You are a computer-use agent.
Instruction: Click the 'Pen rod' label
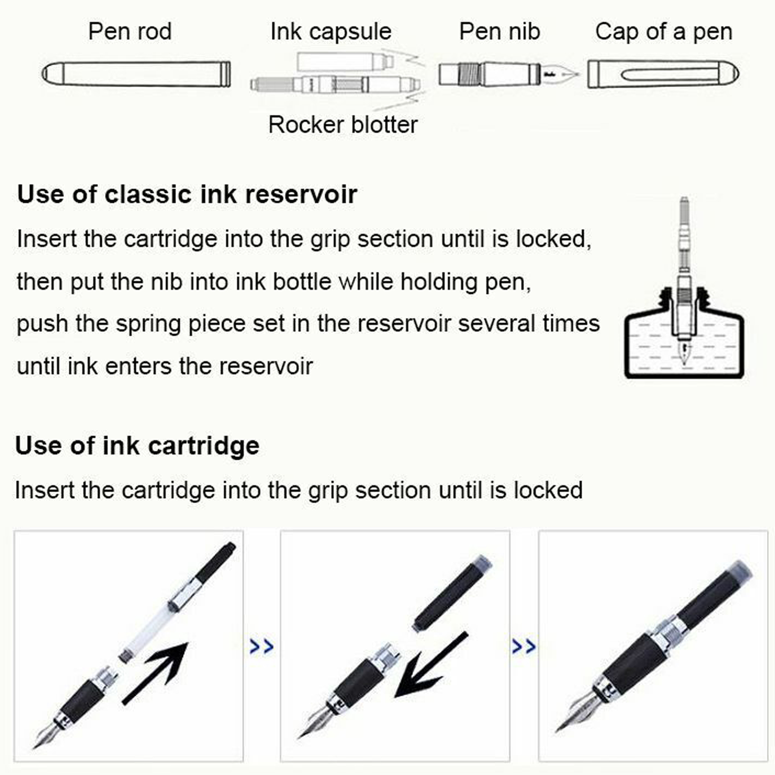point(130,31)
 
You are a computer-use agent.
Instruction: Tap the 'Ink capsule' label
point(331,32)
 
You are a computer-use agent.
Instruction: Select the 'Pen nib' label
point(500,31)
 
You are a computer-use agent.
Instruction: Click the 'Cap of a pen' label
point(664,32)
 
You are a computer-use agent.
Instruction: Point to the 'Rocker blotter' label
point(343,124)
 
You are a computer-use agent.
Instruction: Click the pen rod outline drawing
point(136,74)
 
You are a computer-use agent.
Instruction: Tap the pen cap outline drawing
point(663,74)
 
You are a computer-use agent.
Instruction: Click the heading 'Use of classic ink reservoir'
point(187,194)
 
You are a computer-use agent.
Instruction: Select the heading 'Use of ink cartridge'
point(137,446)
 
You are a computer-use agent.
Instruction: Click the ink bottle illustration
point(684,333)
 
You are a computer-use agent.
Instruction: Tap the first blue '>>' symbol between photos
point(262,646)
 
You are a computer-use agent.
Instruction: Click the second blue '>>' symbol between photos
point(523,646)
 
